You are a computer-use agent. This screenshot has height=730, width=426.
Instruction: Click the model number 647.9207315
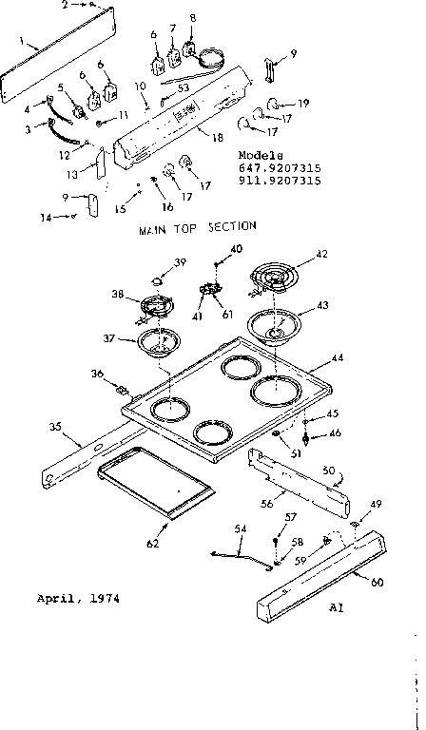click(281, 167)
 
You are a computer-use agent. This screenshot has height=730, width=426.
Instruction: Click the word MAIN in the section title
click(153, 228)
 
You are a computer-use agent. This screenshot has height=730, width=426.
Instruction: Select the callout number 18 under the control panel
click(217, 139)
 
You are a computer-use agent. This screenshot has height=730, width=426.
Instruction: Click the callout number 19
click(302, 102)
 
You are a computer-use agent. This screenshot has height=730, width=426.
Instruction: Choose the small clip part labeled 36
click(122, 388)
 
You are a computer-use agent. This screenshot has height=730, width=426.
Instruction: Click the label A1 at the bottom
click(335, 605)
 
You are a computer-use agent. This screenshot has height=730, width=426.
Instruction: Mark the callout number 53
click(183, 87)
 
